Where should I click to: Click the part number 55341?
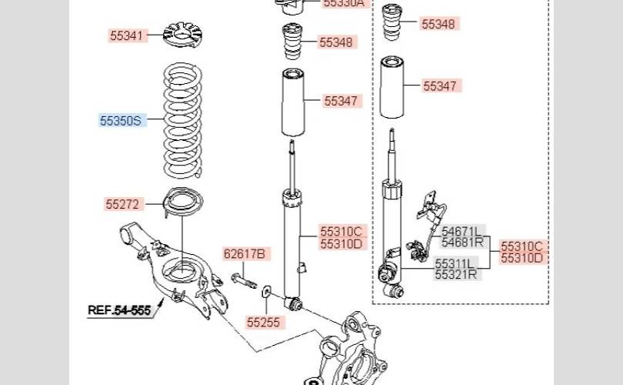pos(126,35)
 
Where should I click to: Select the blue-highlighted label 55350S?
pos(121,121)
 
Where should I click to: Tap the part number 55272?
pos(122,204)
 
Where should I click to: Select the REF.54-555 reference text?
pos(118,310)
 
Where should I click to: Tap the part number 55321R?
pos(456,273)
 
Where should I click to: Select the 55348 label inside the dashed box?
pos(439,24)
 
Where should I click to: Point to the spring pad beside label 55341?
pos(183,35)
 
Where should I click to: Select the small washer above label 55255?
pos(265,292)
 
